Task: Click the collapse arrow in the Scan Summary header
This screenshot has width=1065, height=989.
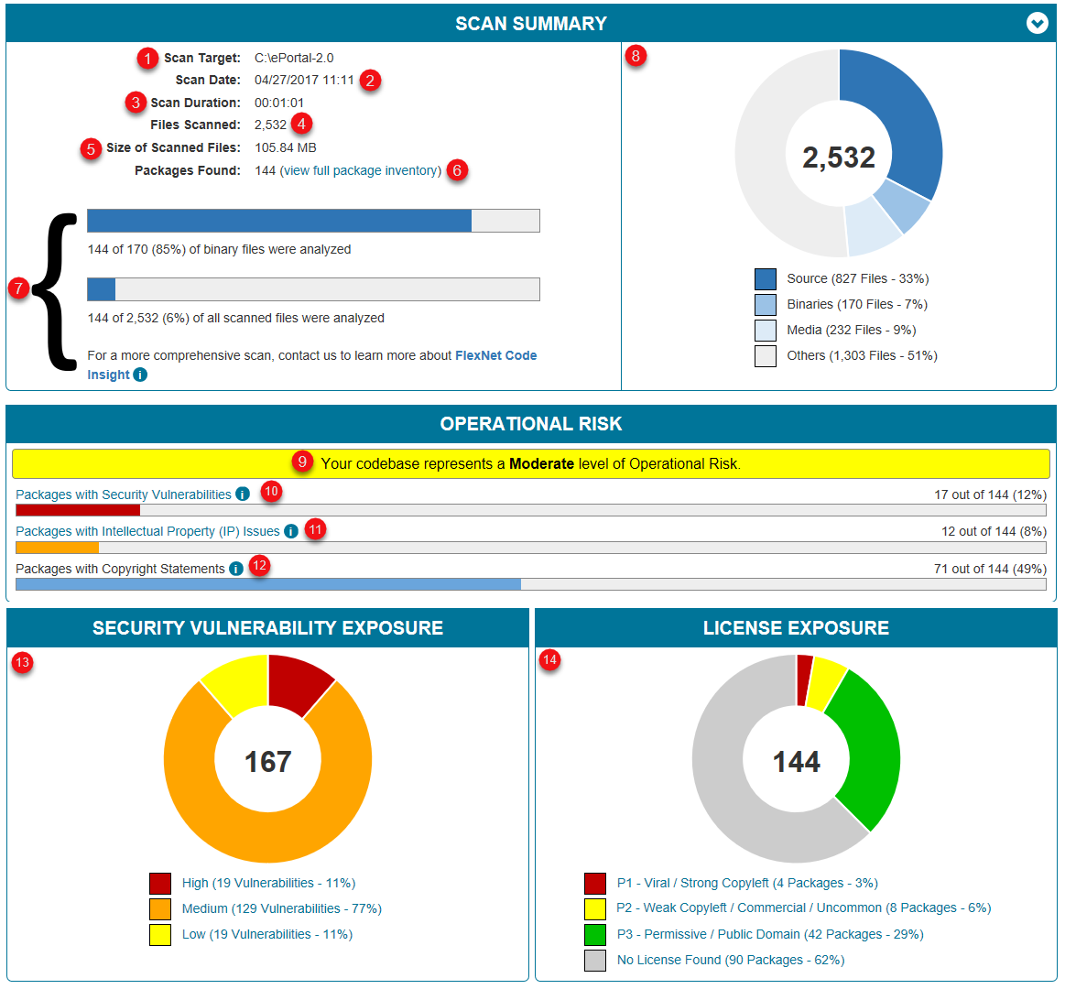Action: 1037,24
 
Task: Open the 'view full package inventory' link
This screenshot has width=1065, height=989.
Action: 361,170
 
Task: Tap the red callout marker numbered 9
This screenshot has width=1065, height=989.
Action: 303,462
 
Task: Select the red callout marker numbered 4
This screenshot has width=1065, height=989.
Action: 302,124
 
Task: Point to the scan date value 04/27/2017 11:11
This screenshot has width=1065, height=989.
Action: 304,80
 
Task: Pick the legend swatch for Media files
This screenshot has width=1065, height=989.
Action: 766,330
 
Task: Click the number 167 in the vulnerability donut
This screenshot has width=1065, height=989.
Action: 267,761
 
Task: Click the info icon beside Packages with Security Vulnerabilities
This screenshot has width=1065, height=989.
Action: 243,494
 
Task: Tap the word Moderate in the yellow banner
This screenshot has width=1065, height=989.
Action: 541,463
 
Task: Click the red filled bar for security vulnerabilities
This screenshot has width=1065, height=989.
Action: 78,510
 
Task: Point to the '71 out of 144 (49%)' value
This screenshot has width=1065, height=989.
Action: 989,569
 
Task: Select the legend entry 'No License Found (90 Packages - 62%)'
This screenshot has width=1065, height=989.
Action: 730,960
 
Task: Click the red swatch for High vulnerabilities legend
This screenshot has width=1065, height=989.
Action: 160,883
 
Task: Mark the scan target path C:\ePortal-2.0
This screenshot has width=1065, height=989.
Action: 294,58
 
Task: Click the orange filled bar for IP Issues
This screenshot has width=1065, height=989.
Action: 57,548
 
